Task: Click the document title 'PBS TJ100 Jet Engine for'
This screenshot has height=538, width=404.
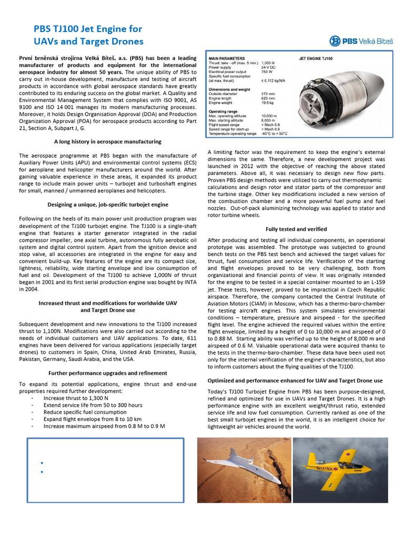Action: (88, 29)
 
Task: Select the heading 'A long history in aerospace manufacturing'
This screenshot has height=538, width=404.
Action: (108, 142)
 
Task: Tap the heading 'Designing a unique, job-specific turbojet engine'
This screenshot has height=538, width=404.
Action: (108, 204)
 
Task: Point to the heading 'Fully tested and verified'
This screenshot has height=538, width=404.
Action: (296, 229)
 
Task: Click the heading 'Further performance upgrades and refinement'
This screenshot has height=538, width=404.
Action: (108, 373)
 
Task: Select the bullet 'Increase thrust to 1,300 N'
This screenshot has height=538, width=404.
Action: (77, 398)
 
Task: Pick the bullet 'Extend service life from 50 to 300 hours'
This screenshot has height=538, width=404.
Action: (93, 405)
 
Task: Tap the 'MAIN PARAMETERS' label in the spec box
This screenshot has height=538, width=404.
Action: (227, 58)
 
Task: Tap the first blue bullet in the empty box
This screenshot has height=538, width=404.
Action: (41, 463)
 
